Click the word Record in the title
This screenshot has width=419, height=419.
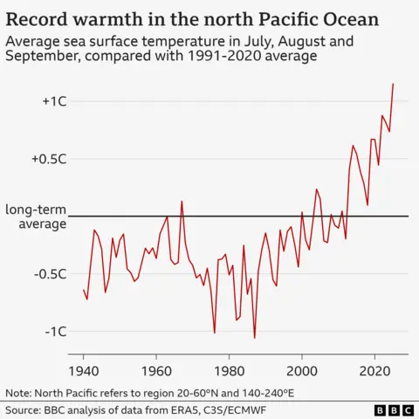pyautogui.click(x=38, y=17)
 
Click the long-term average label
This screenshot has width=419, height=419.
pyautogui.click(x=36, y=216)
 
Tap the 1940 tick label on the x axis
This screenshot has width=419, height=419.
pyautogui.click(x=84, y=368)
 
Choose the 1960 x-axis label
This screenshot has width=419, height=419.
pyautogui.click(x=156, y=368)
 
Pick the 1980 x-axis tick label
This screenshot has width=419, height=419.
pyautogui.click(x=229, y=368)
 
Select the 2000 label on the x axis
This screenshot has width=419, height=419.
pyautogui.click(x=302, y=368)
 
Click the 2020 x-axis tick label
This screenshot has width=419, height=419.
pyautogui.click(x=374, y=368)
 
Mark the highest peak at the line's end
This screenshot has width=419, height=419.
pyautogui.click(x=393, y=84)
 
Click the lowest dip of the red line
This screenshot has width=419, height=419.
pyautogui.click(x=255, y=338)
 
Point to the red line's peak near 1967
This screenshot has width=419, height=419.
pyautogui.click(x=182, y=202)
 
